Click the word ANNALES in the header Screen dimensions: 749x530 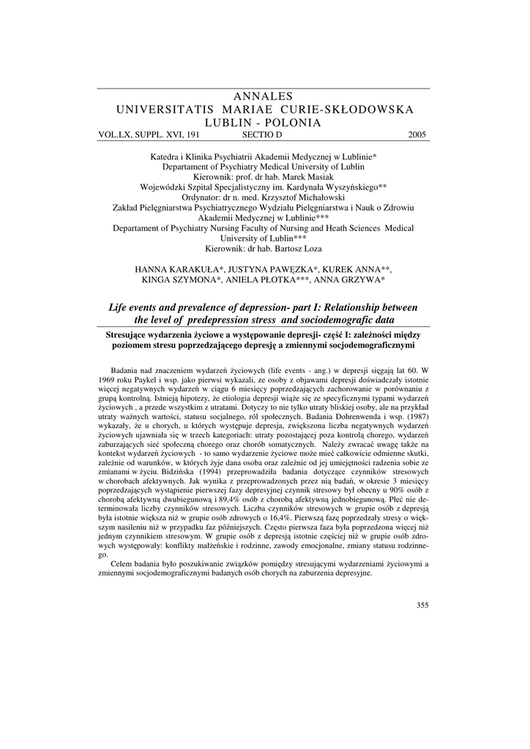(x=264, y=97)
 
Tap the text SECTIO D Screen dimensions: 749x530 (x=261, y=135)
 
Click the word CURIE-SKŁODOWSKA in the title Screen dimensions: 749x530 (x=353, y=110)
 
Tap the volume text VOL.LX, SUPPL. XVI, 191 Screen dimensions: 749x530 (x=149, y=135)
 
